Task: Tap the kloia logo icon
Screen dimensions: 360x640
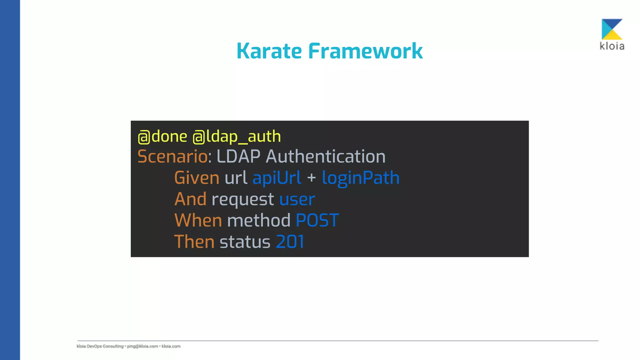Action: click(x=612, y=29)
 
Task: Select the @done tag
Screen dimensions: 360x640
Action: click(x=162, y=137)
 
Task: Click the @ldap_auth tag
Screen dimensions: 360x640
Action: click(x=237, y=137)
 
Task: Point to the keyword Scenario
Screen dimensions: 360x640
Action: click(x=172, y=157)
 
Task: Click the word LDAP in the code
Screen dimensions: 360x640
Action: click(x=238, y=157)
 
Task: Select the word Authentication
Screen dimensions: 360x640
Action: click(x=326, y=157)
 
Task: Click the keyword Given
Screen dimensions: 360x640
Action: click(x=197, y=178)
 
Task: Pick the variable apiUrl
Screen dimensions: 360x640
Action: click(x=277, y=178)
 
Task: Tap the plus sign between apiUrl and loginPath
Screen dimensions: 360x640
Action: click(x=312, y=178)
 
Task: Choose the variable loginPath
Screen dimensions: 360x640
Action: click(x=361, y=178)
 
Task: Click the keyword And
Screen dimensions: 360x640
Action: click(x=190, y=199)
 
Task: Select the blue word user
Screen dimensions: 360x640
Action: click(x=297, y=200)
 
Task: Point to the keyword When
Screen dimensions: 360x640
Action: click(x=198, y=220)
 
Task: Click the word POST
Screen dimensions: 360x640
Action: click(x=317, y=220)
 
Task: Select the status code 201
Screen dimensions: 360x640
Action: click(x=290, y=242)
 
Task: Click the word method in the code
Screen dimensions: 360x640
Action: click(x=259, y=220)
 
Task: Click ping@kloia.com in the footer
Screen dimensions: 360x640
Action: click(x=142, y=346)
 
